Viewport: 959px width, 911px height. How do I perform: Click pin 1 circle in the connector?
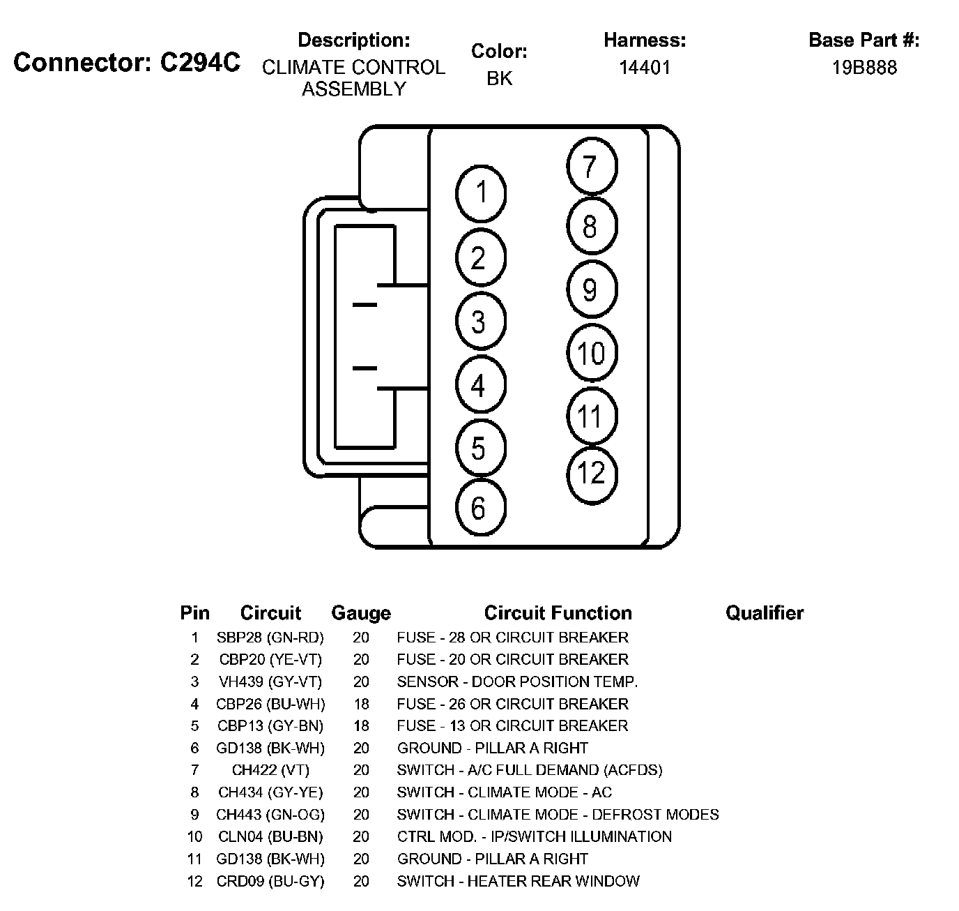pos(481,193)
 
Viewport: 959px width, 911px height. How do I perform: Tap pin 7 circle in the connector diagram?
pos(592,167)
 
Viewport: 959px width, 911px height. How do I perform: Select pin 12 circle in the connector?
pos(592,474)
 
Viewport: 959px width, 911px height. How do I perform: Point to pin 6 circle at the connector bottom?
pos(479,508)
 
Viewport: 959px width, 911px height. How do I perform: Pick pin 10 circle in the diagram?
pos(592,354)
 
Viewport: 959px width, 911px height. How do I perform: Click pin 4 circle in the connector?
pos(479,385)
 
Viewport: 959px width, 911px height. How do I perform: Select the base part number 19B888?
pos(864,68)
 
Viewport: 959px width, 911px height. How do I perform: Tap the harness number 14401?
pos(645,68)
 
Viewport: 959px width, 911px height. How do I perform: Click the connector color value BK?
pos(499,79)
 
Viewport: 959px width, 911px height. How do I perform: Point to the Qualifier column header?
pos(764,613)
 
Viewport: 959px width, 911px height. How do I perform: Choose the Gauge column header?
pos(360,613)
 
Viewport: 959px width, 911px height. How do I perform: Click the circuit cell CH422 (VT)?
pos(270,770)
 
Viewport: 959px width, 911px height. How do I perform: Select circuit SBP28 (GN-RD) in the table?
pos(270,638)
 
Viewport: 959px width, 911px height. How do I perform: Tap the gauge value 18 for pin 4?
pos(361,704)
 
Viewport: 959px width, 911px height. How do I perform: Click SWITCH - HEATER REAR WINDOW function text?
pos(518,881)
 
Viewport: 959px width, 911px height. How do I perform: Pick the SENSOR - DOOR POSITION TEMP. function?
pos(517,682)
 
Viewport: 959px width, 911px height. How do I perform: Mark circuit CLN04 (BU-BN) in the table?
pos(270,836)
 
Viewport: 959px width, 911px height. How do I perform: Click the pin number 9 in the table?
pos(194,815)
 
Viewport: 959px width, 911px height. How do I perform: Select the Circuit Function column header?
pos(558,613)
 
